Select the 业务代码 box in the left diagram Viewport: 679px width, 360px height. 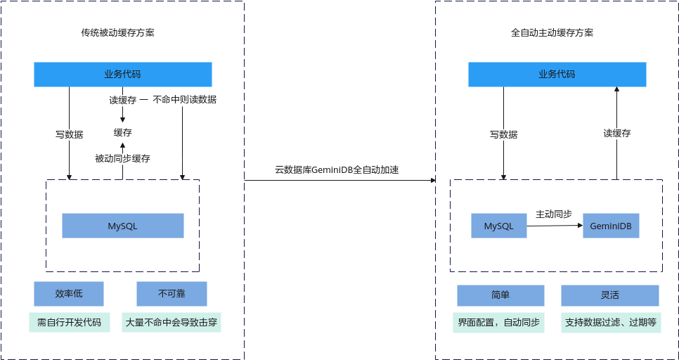click(123, 75)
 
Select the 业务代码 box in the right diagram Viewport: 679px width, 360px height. click(557, 75)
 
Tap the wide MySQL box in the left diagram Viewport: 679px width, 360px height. click(123, 226)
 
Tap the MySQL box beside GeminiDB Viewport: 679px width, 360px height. click(499, 226)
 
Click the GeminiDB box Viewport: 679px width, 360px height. click(611, 226)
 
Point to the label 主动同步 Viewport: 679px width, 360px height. click(554, 214)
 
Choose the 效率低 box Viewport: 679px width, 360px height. click(69, 294)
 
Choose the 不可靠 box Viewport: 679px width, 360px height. click(172, 294)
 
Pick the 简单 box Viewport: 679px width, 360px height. click(500, 295)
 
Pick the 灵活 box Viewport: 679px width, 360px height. click(609, 295)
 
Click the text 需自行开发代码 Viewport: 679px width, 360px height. click(69, 323)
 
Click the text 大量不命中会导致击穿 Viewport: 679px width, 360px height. click(172, 323)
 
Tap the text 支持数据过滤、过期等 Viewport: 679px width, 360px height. click(610, 323)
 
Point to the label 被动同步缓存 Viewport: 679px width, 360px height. click(122, 159)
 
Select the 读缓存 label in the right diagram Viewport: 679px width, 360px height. click(616, 134)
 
